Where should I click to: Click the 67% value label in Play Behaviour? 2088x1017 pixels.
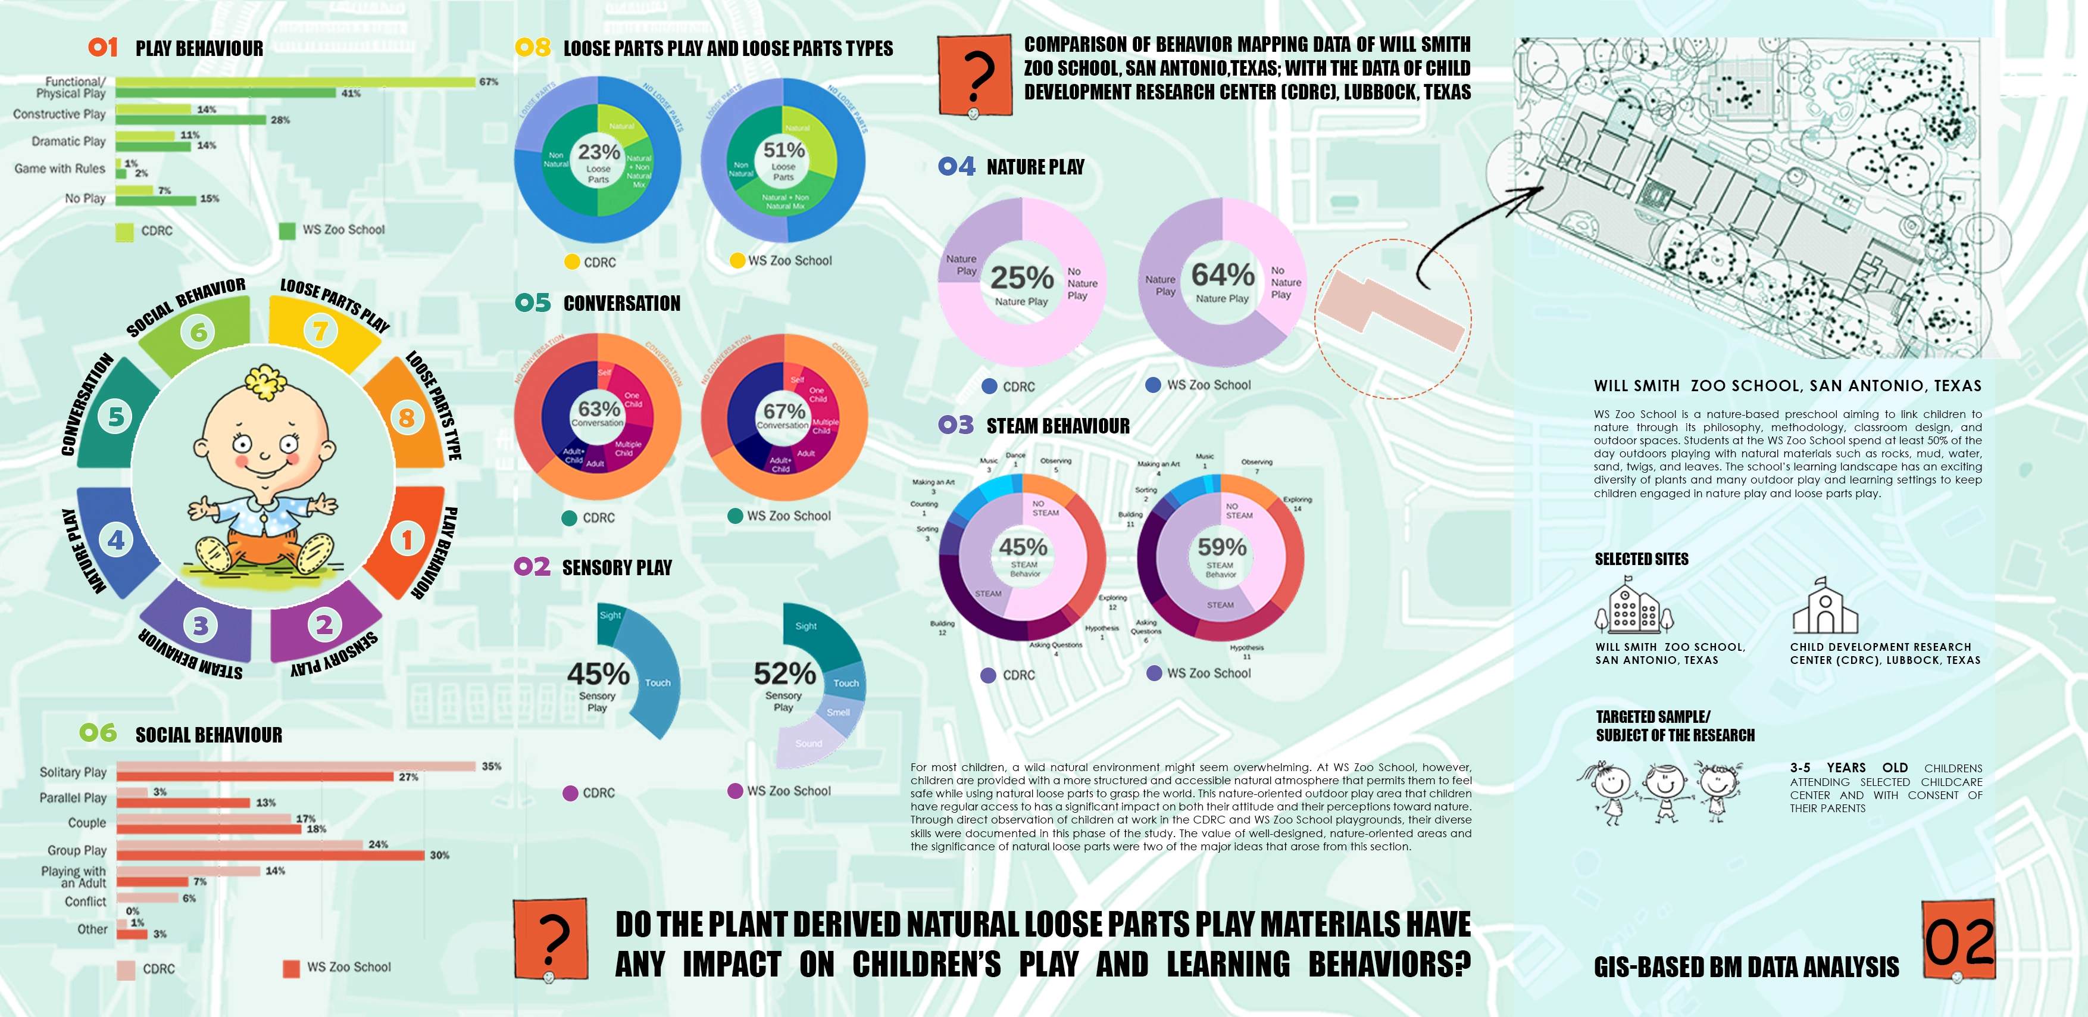coord(488,82)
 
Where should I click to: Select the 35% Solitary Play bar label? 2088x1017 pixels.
coord(491,766)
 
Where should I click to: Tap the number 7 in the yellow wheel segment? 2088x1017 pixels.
coord(321,331)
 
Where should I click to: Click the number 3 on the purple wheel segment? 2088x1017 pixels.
coord(200,625)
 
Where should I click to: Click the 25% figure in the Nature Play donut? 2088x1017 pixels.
coord(1022,278)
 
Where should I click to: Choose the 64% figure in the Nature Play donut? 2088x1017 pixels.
coord(1223,275)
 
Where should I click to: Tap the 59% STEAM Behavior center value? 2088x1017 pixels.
coord(1221,547)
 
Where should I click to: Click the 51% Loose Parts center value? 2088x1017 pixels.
coord(784,150)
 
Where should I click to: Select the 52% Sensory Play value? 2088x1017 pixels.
coord(784,673)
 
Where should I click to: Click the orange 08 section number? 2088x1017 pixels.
coord(533,48)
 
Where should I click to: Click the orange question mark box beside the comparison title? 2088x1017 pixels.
coord(975,74)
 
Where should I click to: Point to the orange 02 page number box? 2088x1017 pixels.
coord(1958,941)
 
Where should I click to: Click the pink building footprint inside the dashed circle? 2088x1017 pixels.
coord(1390,311)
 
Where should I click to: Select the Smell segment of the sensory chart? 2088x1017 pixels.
coord(839,713)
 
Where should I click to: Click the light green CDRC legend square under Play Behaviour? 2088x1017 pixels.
coord(125,232)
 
